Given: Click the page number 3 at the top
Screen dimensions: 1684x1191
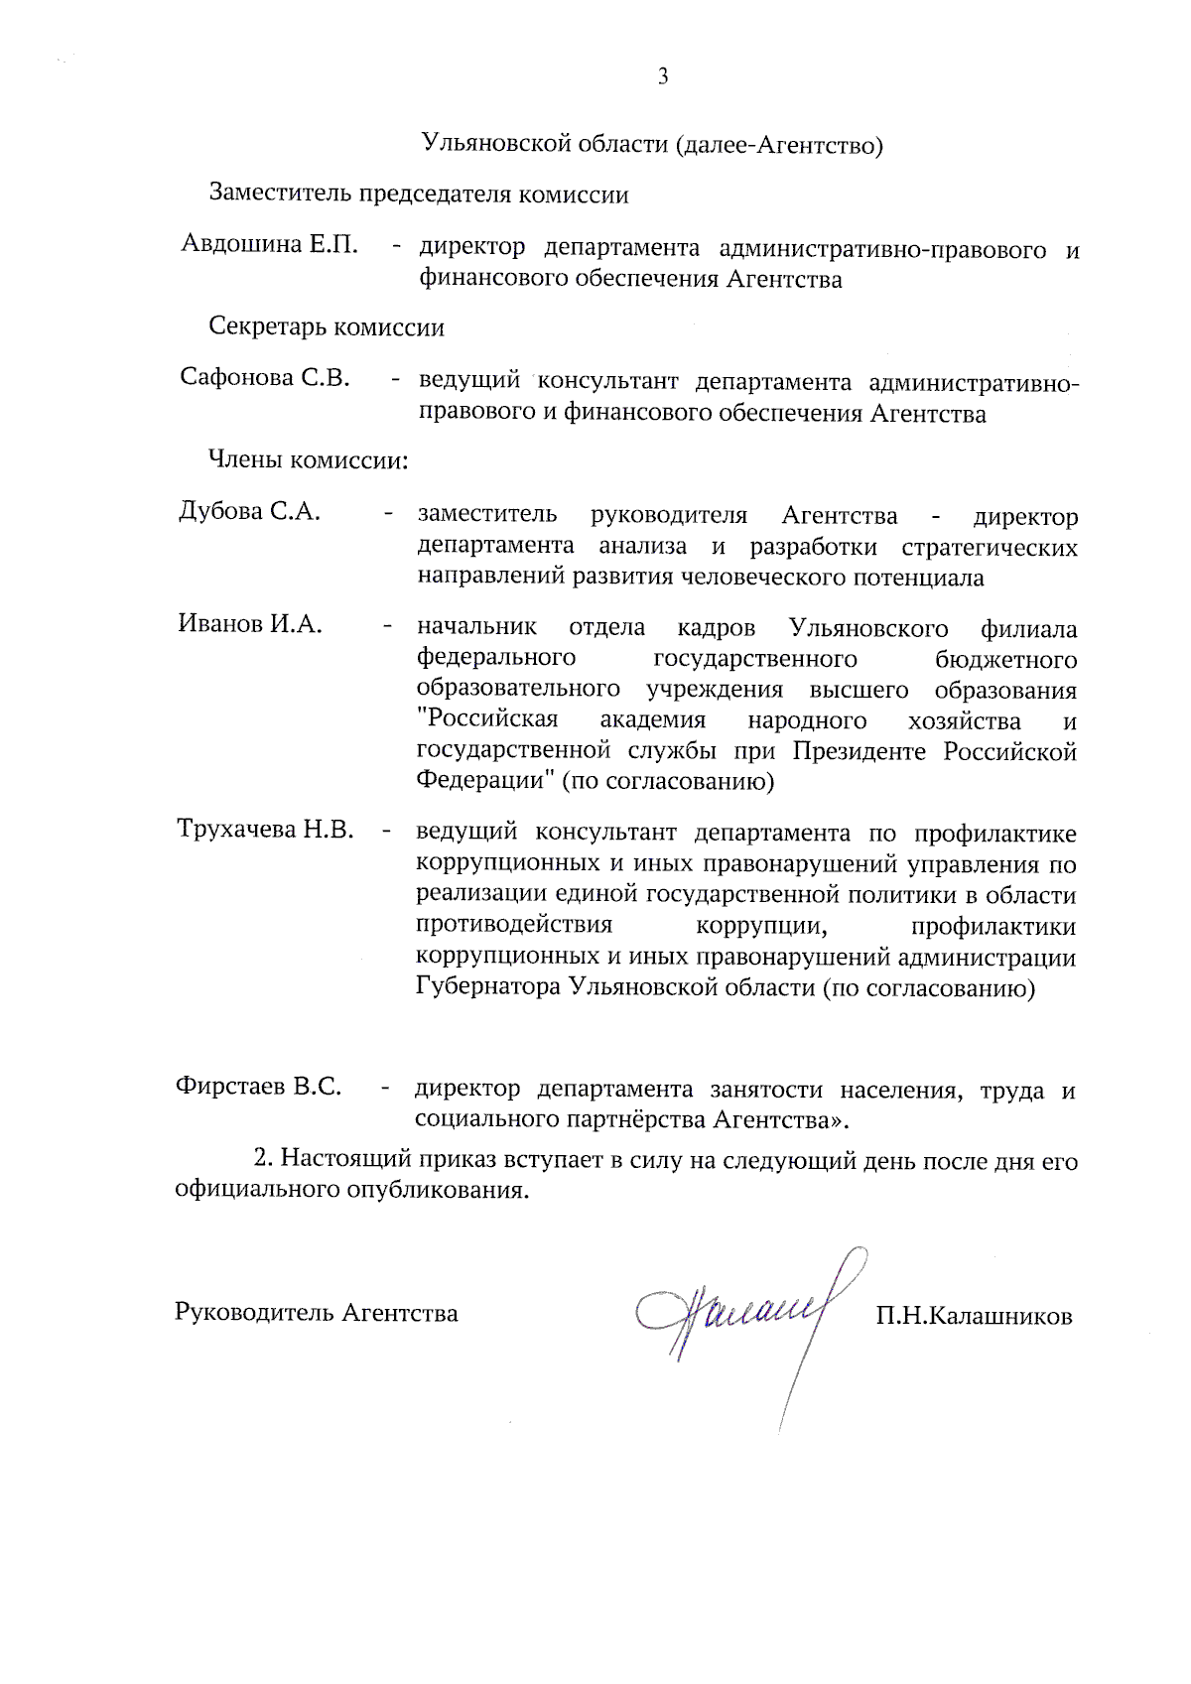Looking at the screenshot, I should [663, 77].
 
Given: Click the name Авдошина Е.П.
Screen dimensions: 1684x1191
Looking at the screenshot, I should [269, 244].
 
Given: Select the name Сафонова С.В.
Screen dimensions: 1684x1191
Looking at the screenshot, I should [265, 377].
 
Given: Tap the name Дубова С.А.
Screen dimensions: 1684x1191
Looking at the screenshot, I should [249, 511].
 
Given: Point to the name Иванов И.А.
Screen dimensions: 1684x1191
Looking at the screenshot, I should [250, 624].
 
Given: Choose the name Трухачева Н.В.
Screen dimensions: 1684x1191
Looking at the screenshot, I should [265, 829].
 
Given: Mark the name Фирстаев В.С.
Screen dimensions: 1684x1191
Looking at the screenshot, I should [258, 1086].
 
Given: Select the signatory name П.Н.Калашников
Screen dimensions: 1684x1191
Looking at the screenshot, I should [974, 1317].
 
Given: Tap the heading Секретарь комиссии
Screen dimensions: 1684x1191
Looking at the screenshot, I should [327, 327].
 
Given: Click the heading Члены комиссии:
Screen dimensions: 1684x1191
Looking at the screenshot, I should [308, 460].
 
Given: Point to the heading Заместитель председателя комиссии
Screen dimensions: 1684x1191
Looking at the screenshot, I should [418, 194].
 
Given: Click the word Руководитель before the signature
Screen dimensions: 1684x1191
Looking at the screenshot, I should [254, 1313].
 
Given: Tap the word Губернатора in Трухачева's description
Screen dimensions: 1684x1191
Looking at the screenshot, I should [487, 988].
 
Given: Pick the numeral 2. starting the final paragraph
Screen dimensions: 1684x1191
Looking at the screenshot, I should [263, 1158].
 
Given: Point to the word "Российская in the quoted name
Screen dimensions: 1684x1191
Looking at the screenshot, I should [487, 719].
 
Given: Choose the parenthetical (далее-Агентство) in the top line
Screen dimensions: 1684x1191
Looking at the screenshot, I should [779, 146].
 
